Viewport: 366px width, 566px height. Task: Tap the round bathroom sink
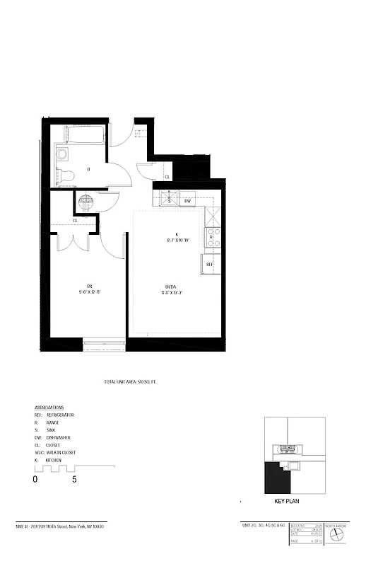62,154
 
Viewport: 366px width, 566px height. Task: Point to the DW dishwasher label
188,201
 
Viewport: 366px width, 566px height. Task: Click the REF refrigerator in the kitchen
210,264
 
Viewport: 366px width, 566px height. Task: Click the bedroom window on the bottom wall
105,345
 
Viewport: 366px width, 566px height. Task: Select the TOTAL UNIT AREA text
130,382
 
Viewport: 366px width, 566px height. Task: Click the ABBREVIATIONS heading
49,408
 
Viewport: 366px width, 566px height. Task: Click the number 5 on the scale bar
74,479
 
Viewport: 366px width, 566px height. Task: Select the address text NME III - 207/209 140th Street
64,526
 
